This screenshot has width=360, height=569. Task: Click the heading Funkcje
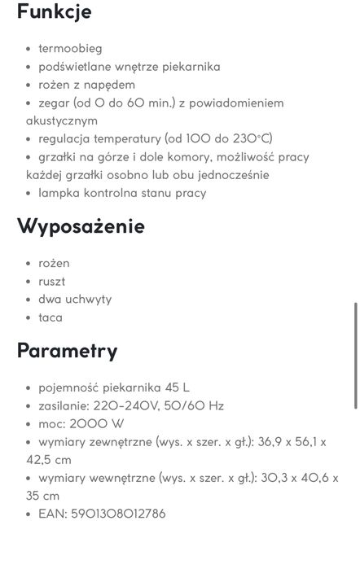click(54, 11)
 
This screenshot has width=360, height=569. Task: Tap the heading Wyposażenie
click(81, 226)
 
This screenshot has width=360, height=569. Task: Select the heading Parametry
click(68, 351)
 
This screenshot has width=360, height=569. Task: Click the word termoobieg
click(70, 49)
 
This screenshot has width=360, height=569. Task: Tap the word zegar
click(54, 103)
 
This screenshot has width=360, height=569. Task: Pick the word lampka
click(59, 193)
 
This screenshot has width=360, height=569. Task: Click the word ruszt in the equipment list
click(51, 281)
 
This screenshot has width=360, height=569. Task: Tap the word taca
click(50, 317)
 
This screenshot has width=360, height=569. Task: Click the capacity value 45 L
click(176, 387)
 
